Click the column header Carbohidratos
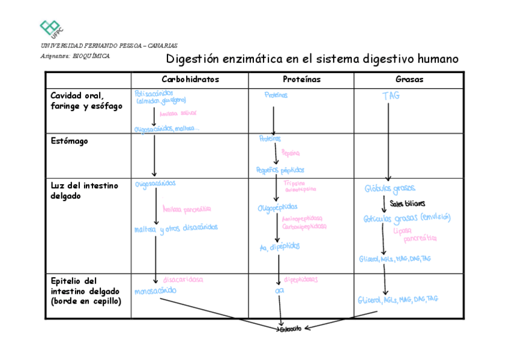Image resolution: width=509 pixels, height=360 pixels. tap(190, 80)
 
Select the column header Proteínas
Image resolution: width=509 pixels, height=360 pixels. tap(301, 80)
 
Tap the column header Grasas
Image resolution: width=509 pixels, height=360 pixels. tap(409, 80)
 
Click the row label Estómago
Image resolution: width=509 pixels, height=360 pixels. tap(69, 141)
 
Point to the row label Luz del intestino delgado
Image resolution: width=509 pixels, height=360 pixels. tap(84, 191)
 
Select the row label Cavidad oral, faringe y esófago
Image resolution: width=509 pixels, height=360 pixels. tap(86, 101)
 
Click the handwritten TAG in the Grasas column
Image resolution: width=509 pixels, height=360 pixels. tap(391, 96)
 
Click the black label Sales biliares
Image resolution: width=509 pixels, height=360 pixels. tap(411, 204)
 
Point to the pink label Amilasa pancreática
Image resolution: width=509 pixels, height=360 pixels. tap(187, 209)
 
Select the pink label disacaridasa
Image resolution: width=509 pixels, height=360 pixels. tap(182, 280)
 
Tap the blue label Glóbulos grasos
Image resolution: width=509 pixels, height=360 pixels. tap(390, 189)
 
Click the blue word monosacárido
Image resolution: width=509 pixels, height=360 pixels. tap(156, 292)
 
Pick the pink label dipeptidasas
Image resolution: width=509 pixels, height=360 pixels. tap(301, 280)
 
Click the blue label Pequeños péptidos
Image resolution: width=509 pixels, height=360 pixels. tap(280, 170)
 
